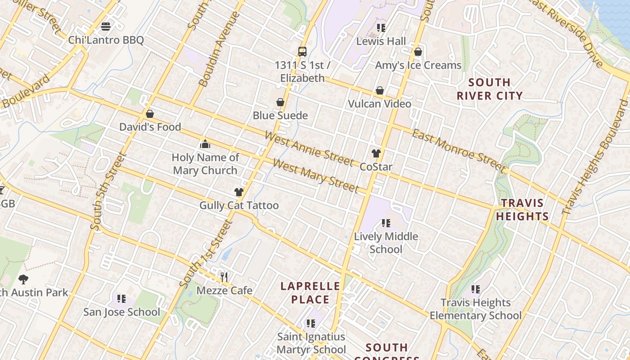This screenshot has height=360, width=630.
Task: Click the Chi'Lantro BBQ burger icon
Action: point(106,27)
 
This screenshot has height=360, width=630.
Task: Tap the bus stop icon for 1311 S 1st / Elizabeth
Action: point(302,51)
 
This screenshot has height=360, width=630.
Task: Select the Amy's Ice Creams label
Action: point(418,65)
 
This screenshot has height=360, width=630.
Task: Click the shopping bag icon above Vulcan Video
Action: point(380,90)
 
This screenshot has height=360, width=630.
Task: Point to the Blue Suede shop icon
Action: point(280,102)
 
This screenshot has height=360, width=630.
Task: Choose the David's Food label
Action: point(150,127)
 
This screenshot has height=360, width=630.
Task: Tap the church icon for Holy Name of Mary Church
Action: point(205,144)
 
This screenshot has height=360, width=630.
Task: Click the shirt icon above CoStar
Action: point(376,153)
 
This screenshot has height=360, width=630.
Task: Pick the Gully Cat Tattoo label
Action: point(239,206)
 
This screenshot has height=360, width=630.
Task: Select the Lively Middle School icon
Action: point(386,223)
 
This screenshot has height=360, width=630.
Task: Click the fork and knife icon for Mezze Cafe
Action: point(224,277)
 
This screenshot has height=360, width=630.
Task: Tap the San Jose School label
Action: point(121,312)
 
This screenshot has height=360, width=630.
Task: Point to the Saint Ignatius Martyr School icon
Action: point(310,323)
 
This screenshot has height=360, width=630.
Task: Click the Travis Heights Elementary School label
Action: point(476,309)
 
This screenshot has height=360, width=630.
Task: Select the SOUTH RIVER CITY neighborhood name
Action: point(490,89)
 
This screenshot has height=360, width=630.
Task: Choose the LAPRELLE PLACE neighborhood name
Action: point(310,293)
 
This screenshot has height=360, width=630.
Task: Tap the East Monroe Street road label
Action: point(459,150)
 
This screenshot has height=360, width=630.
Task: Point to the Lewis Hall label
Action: point(381,41)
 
